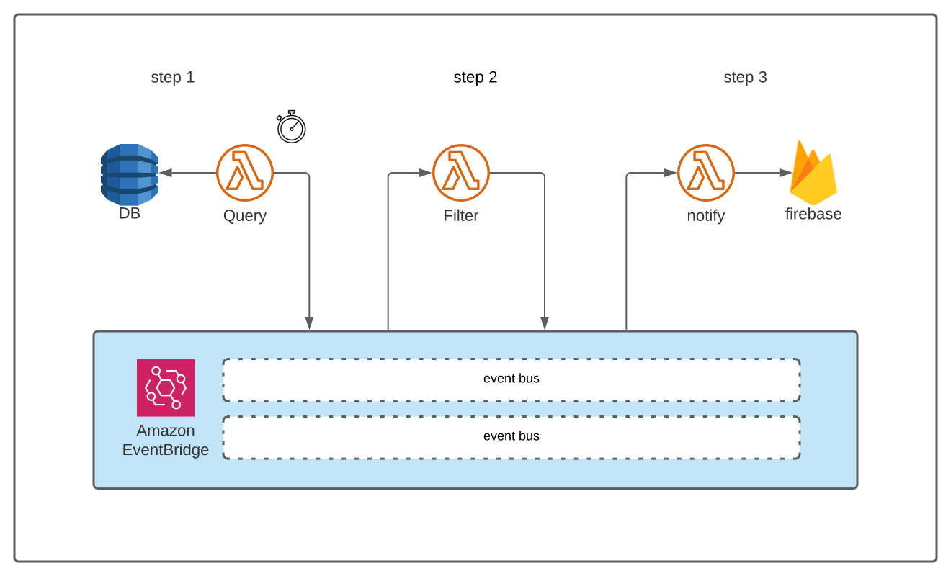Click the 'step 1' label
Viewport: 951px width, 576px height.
click(x=172, y=77)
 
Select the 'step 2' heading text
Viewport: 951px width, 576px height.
click(x=475, y=77)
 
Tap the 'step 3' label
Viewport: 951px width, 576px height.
click(x=745, y=77)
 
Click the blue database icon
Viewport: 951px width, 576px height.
click(x=130, y=174)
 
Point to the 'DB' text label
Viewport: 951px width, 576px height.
click(x=130, y=214)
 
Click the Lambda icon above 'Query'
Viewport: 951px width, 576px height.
click(x=245, y=173)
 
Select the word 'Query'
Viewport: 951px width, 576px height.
click(x=245, y=215)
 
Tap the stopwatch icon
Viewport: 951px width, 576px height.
click(x=292, y=127)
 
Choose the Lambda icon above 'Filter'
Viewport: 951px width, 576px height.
click(x=461, y=173)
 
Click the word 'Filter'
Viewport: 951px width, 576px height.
click(x=461, y=215)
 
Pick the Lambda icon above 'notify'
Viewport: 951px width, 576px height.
click(x=706, y=173)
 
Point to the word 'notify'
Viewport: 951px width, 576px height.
click(x=706, y=215)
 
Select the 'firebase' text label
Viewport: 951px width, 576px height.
click(x=813, y=214)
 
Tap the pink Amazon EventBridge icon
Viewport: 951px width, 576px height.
click(x=166, y=387)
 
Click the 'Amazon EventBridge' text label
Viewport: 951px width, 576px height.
click(x=166, y=440)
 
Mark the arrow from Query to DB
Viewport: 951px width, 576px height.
click(x=187, y=173)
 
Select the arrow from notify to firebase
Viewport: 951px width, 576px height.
click(x=762, y=173)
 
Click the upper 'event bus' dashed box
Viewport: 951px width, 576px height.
click(x=512, y=379)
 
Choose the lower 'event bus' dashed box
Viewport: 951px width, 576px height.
click(x=512, y=437)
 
